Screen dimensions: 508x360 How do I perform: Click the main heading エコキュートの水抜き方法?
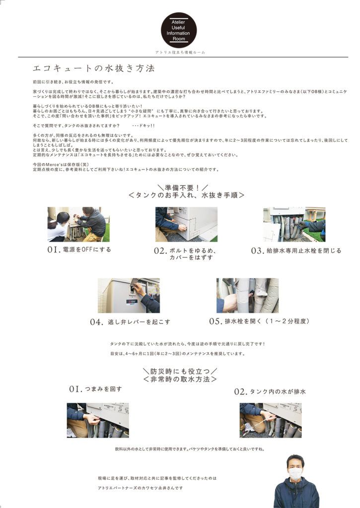pyautogui.click(x=93, y=68)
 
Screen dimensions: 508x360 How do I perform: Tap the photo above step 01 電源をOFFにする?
pyautogui.click(x=78, y=224)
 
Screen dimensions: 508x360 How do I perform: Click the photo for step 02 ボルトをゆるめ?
pyautogui.click(x=186, y=224)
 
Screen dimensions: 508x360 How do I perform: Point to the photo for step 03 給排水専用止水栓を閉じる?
pyautogui.click(x=294, y=224)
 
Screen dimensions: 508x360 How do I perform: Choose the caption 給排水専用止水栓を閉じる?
pyautogui.click(x=304, y=251)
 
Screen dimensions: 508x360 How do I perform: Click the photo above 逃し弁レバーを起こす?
pyautogui.click(x=129, y=295)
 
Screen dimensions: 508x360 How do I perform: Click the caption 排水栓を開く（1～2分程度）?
pyautogui.click(x=267, y=321)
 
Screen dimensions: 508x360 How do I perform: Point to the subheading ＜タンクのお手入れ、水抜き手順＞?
pyautogui.click(x=186, y=195)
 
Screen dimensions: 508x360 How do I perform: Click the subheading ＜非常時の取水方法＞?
pyautogui.click(x=180, y=379)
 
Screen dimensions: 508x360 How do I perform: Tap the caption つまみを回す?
pyautogui.click(x=103, y=389)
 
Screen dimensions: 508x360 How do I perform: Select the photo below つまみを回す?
pyautogui.click(x=98, y=420)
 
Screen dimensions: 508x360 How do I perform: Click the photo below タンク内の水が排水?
pyautogui.click(x=271, y=420)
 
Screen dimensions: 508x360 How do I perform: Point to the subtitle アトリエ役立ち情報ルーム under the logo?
pyautogui.click(x=180, y=52)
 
